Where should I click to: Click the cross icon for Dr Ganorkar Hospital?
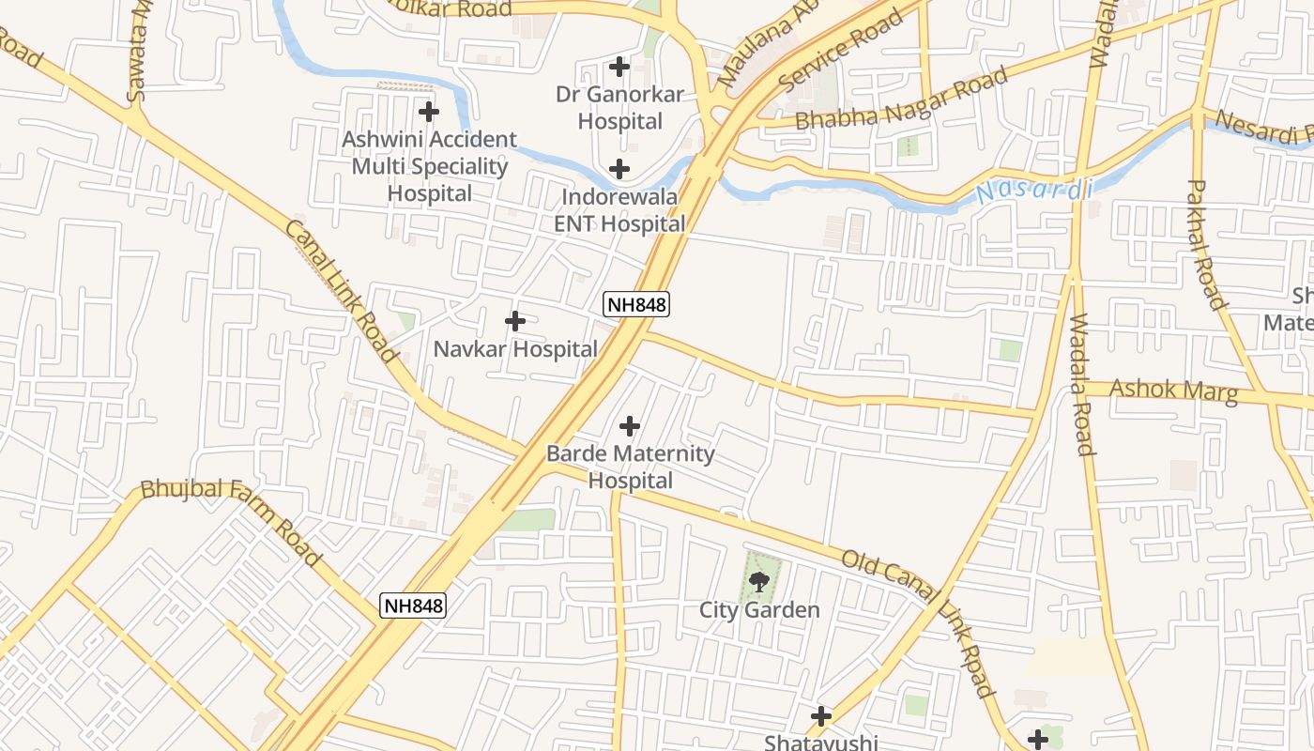pos(619,67)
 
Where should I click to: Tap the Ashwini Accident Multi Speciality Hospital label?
pos(429,166)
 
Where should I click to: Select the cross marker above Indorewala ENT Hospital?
pos(619,169)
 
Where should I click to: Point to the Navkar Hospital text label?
pos(515,349)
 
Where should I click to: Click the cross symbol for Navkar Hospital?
pos(514,321)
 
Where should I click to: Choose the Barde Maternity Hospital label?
pos(630,467)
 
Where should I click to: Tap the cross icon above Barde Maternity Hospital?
pos(630,427)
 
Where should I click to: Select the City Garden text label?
pos(759,610)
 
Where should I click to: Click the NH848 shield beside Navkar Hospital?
pos(636,304)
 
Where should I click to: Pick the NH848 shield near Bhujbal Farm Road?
pos(413,605)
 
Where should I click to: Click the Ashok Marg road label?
pos(1173,391)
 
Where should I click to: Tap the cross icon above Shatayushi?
pos(821,717)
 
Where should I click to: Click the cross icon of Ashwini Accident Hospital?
pos(429,112)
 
